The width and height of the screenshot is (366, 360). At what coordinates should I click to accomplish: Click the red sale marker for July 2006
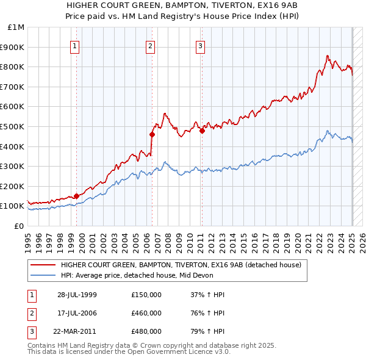(x=152, y=134)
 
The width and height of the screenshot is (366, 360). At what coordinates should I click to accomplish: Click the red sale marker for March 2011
(x=202, y=130)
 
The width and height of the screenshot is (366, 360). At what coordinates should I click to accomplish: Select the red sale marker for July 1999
(x=76, y=196)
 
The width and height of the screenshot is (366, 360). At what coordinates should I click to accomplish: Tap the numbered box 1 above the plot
(x=74, y=45)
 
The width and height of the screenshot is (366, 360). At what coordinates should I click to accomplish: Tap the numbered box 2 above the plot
(x=150, y=45)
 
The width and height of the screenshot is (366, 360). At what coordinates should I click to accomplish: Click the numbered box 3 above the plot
(x=200, y=45)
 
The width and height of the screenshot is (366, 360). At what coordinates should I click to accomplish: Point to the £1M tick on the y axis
(x=16, y=27)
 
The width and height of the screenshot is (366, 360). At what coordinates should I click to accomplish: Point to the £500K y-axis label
(x=13, y=126)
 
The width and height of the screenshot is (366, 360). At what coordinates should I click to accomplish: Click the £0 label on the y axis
(x=19, y=226)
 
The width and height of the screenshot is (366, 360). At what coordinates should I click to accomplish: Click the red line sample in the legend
(x=43, y=265)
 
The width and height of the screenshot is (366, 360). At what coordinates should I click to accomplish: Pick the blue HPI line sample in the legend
(x=43, y=275)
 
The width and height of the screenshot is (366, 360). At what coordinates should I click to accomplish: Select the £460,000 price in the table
(x=146, y=314)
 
